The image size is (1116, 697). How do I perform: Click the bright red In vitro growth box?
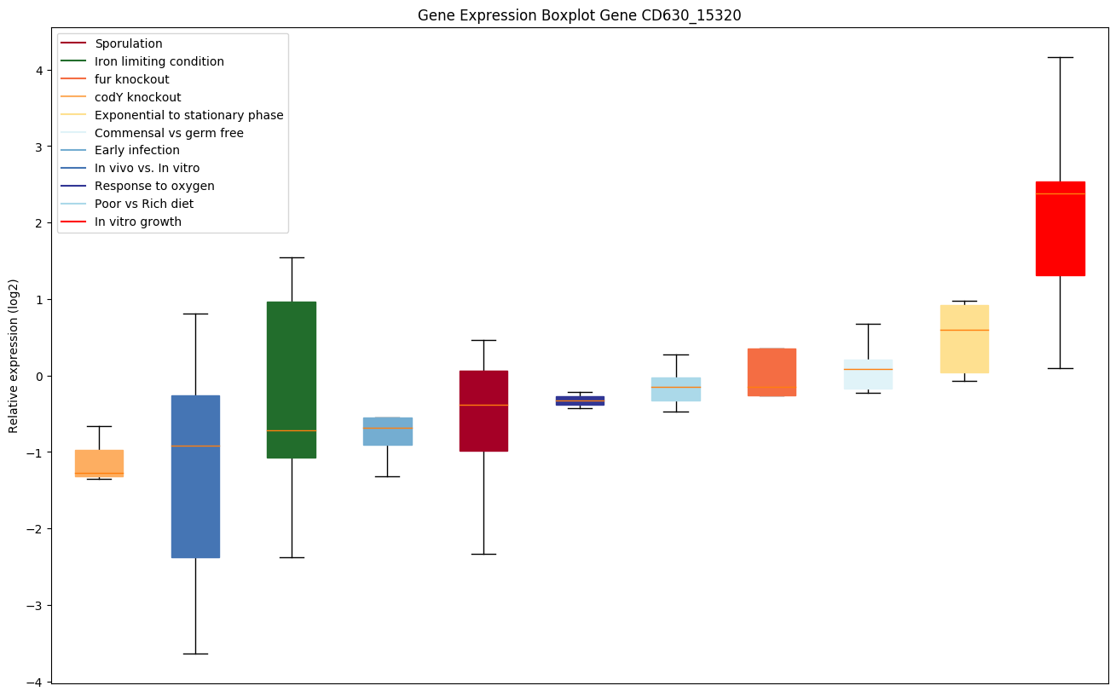(1060, 228)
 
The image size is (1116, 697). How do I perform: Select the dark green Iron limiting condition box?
(292, 379)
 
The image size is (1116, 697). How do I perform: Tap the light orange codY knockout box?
(99, 463)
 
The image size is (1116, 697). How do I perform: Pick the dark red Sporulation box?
(483, 411)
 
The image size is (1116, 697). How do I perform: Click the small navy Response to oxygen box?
(580, 400)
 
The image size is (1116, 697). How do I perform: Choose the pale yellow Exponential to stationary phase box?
(964, 339)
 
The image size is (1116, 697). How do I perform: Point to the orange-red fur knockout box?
(772, 372)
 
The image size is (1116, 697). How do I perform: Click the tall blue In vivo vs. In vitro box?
(195, 476)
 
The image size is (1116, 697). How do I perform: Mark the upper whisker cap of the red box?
(1060, 57)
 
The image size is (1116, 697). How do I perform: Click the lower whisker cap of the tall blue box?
(195, 654)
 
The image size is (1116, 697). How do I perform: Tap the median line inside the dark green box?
(292, 430)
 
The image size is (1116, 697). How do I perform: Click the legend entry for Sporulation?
(129, 43)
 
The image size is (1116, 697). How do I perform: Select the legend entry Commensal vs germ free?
(169, 133)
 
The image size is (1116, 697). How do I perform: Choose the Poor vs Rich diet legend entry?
(144, 204)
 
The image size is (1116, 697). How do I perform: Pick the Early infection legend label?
(137, 151)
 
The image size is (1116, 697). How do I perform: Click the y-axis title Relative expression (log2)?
(14, 355)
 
